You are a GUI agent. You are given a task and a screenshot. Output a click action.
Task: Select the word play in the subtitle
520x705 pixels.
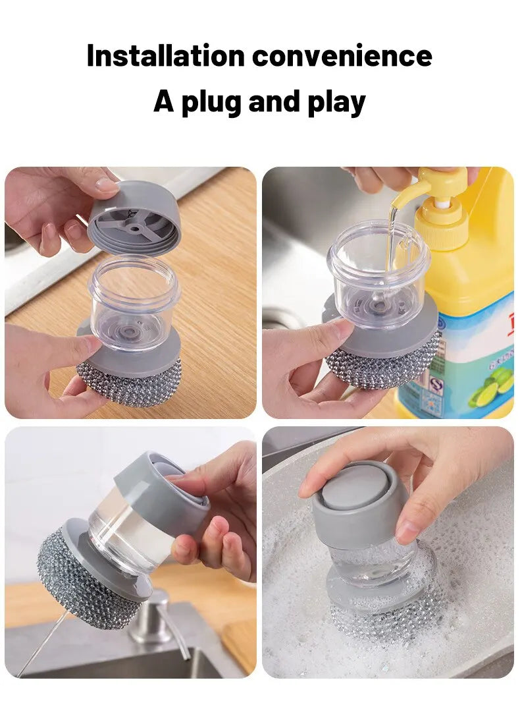click(336, 103)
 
